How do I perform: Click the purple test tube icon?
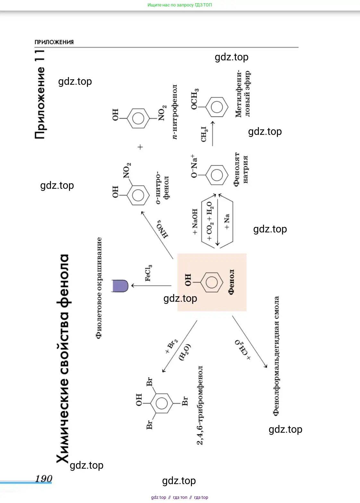pyautogui.click(x=120, y=286)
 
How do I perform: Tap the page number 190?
pyautogui.click(x=44, y=479)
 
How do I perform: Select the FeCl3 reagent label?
pyautogui.click(x=148, y=273)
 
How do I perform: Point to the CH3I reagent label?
pyautogui.click(x=204, y=134)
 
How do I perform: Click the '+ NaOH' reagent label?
pyautogui.click(x=195, y=221)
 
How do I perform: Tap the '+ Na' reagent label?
pyautogui.click(x=227, y=221)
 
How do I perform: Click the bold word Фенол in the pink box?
pyautogui.click(x=231, y=282)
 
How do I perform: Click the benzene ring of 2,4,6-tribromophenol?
pyautogui.click(x=161, y=403)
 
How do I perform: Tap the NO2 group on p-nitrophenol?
pyautogui.click(x=162, y=113)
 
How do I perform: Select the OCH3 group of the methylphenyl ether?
pyautogui.click(x=194, y=99)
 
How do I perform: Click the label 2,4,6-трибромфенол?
pyautogui.click(x=200, y=405)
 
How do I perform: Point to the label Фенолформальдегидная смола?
pyautogui.click(x=276, y=356)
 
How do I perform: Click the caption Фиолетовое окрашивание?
pyautogui.click(x=99, y=288)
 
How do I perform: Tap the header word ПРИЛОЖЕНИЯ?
pyautogui.click(x=54, y=42)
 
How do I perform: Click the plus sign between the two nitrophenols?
pyautogui.click(x=140, y=147)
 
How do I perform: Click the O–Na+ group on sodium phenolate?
pyautogui.click(x=194, y=166)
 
